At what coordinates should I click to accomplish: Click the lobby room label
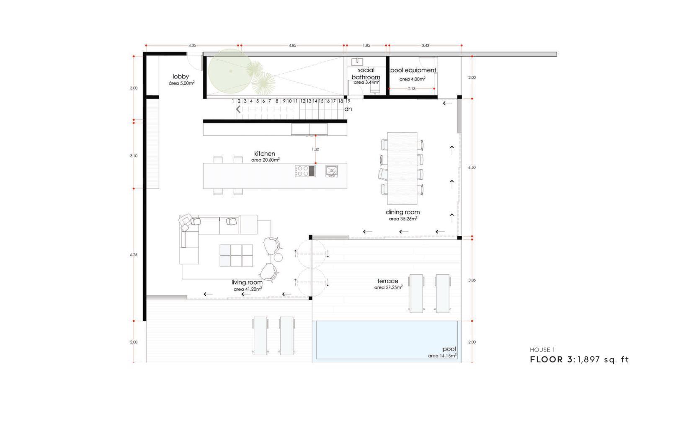tap(181, 77)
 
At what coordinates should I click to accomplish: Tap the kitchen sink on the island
tap(331, 171)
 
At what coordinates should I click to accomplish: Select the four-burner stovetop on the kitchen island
tap(305, 171)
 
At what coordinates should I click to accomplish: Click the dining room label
tap(403, 212)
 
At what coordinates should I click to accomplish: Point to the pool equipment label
tap(413, 70)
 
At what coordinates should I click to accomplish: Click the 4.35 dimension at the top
tap(192, 45)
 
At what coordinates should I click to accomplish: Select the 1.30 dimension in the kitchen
tap(315, 149)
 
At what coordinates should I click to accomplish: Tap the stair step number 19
tap(348, 101)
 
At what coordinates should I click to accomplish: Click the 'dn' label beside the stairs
tap(348, 109)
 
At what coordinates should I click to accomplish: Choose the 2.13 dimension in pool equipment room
tap(412, 88)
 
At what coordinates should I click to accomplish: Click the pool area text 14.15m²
tap(443, 356)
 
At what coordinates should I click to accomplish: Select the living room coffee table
tap(236, 255)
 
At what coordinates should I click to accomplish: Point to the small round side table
tap(278, 258)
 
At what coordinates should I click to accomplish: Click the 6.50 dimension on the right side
tap(472, 167)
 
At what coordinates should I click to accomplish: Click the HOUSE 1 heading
tap(542, 350)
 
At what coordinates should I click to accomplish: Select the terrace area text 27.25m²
tap(388, 287)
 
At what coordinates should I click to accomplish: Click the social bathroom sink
tap(357, 62)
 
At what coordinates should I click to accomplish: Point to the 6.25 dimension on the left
tap(134, 255)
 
